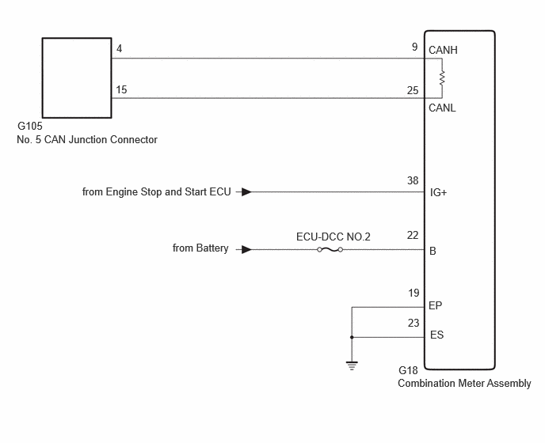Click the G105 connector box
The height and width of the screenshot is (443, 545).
(77, 38)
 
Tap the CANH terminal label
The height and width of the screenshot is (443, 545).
(443, 51)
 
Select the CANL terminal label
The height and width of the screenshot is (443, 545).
(442, 108)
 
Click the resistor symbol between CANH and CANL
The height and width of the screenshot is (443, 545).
(442, 78)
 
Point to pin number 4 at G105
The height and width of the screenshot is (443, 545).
(119, 48)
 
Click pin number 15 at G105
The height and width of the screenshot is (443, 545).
(121, 89)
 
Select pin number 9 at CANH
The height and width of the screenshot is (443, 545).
(414, 47)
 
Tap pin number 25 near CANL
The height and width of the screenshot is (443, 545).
(413, 91)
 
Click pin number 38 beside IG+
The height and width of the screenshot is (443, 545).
(413, 180)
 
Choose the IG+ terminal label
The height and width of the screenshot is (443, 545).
(438, 192)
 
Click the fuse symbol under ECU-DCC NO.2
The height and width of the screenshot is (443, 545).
(330, 250)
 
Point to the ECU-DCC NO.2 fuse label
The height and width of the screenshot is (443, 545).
(333, 237)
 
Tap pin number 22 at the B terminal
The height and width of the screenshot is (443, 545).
(413, 236)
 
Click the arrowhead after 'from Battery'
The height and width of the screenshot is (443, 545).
(247, 250)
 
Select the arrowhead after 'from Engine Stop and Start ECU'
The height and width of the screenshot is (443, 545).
(247, 191)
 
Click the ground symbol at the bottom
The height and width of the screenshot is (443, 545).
(352, 365)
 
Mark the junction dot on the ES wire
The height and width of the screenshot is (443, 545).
(352, 337)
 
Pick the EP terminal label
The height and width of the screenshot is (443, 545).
(436, 305)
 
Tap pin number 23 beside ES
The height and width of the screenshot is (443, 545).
(414, 324)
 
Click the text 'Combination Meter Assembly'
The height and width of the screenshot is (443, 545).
(464, 384)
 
